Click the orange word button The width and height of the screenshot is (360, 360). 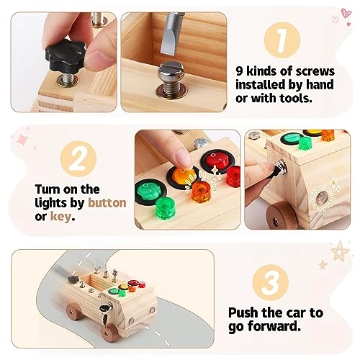106,204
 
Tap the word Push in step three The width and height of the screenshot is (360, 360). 245,313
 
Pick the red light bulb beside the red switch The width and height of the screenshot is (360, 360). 233,175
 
